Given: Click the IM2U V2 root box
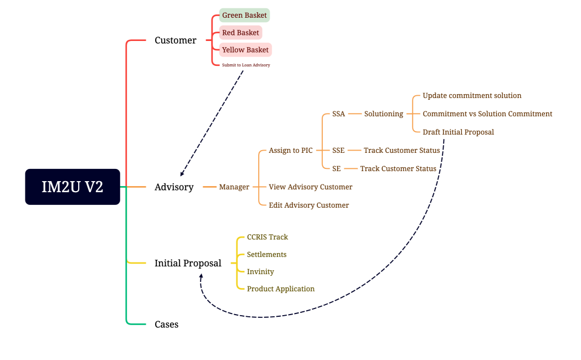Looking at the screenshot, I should [x=73, y=187].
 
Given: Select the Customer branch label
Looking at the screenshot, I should [x=175, y=40].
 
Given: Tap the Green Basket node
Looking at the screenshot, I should [x=244, y=15].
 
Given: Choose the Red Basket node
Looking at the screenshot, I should [x=240, y=33].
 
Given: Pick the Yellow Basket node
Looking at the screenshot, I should [x=245, y=50].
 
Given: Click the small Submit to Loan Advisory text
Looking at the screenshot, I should [x=246, y=65].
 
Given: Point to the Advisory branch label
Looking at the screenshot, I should [x=174, y=187].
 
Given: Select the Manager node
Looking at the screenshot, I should [x=234, y=187].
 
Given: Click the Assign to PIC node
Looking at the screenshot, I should [x=291, y=151].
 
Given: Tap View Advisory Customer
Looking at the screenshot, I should [x=310, y=187].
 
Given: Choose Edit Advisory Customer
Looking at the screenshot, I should [x=309, y=205].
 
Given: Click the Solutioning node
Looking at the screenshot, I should [x=383, y=114].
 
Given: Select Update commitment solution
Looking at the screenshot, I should [x=472, y=96].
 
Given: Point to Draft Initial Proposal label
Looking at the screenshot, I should [x=458, y=132].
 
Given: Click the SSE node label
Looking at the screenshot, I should [x=338, y=151].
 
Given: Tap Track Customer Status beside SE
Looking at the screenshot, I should [x=398, y=168].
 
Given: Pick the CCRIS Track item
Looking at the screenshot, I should [x=267, y=237].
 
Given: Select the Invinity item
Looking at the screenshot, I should [x=260, y=272].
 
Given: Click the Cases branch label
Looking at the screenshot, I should [x=166, y=325].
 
